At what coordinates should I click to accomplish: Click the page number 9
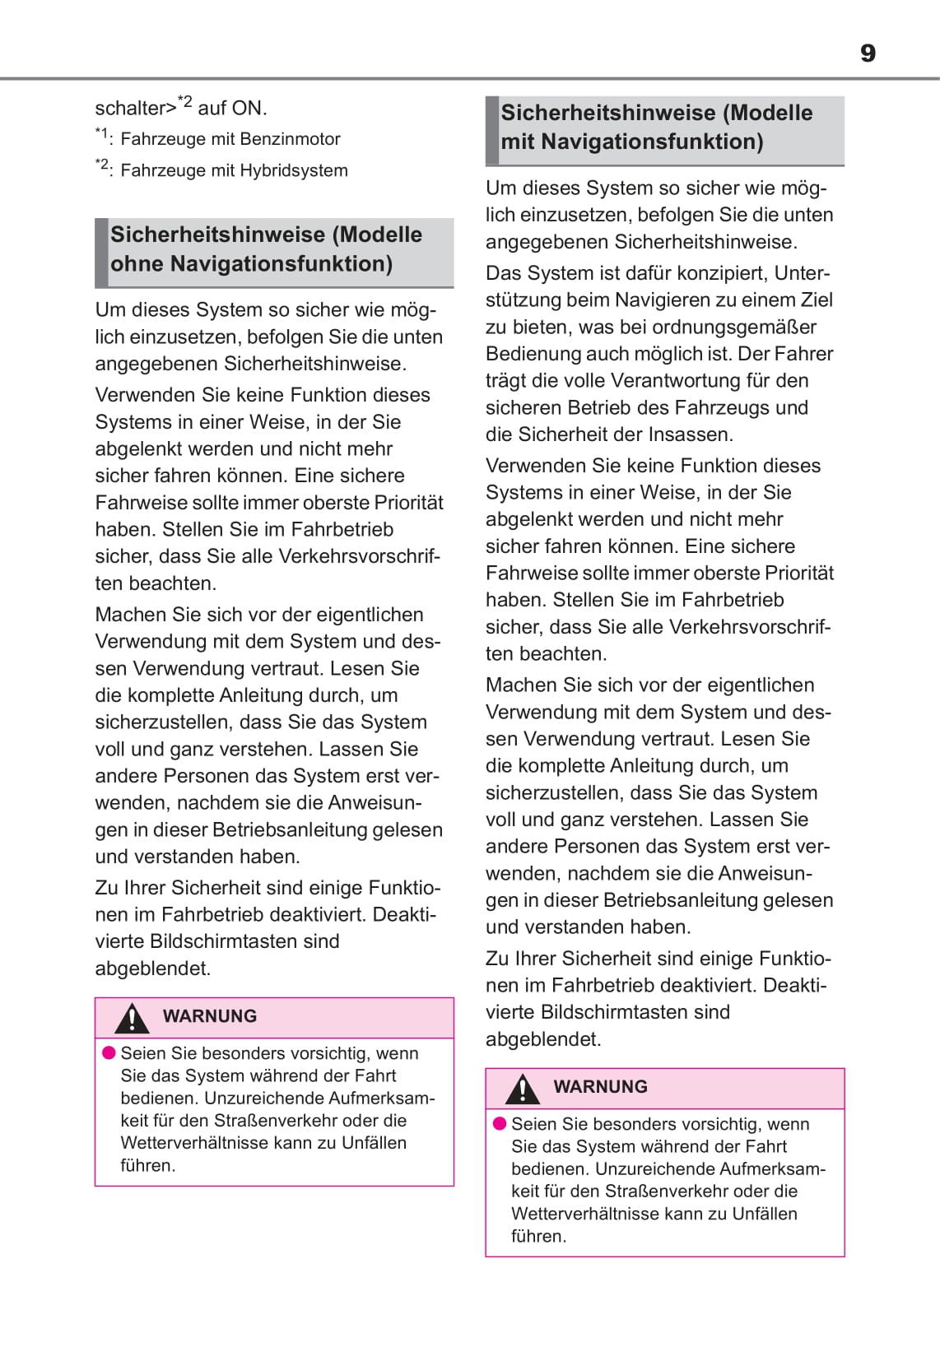point(868,53)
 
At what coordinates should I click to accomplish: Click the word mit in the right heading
point(518,142)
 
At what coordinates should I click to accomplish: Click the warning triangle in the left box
point(132,1019)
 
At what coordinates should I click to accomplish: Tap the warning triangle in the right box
point(522,1089)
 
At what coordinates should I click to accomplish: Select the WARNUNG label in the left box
point(210,1016)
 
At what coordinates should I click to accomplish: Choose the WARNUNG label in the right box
point(600,1087)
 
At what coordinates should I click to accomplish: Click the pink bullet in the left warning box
point(109,1053)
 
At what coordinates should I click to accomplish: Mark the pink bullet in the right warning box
point(499,1124)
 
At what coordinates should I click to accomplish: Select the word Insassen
point(692,434)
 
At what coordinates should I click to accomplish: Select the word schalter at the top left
point(131,109)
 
